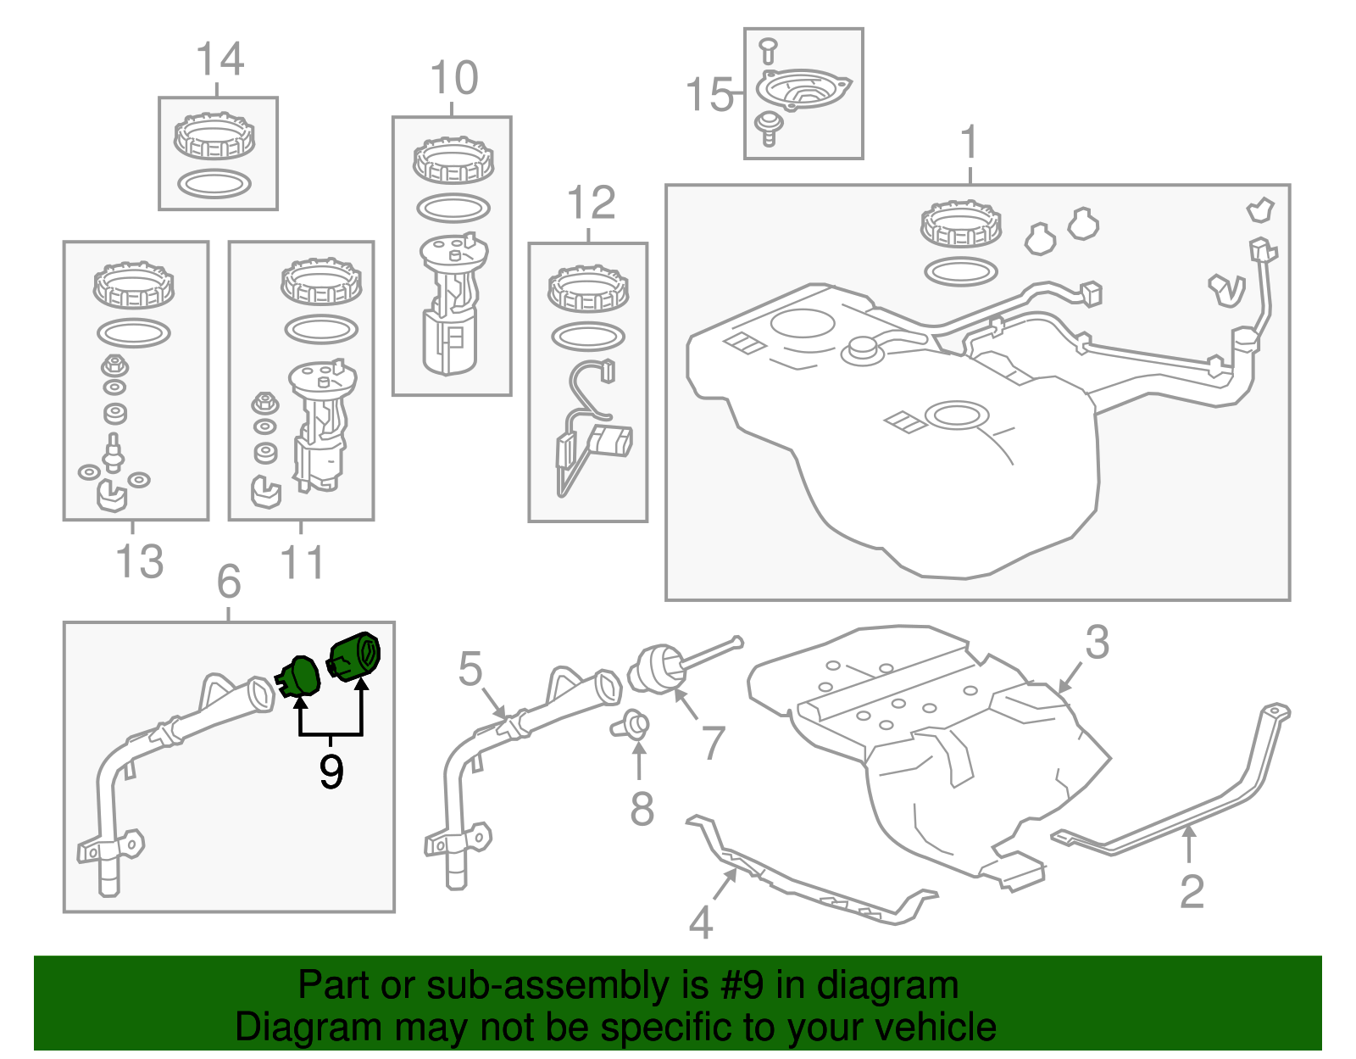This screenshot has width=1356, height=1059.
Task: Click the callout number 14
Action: pyautogui.click(x=220, y=59)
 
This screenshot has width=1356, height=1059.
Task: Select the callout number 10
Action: pyautogui.click(x=454, y=78)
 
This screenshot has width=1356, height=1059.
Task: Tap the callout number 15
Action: pyautogui.click(x=709, y=95)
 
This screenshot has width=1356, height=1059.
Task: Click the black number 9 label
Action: pyautogui.click(x=331, y=772)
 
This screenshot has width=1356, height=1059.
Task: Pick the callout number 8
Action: pyautogui.click(x=642, y=809)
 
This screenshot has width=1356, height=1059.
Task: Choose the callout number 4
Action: pyautogui.click(x=701, y=922)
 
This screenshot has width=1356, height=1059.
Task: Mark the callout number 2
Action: pyautogui.click(x=1192, y=892)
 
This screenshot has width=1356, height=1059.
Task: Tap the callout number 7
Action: pyautogui.click(x=714, y=743)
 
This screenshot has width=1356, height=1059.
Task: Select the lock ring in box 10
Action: pyautogui.click(x=453, y=160)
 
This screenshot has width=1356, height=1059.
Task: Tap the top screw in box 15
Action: pyautogui.click(x=768, y=51)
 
